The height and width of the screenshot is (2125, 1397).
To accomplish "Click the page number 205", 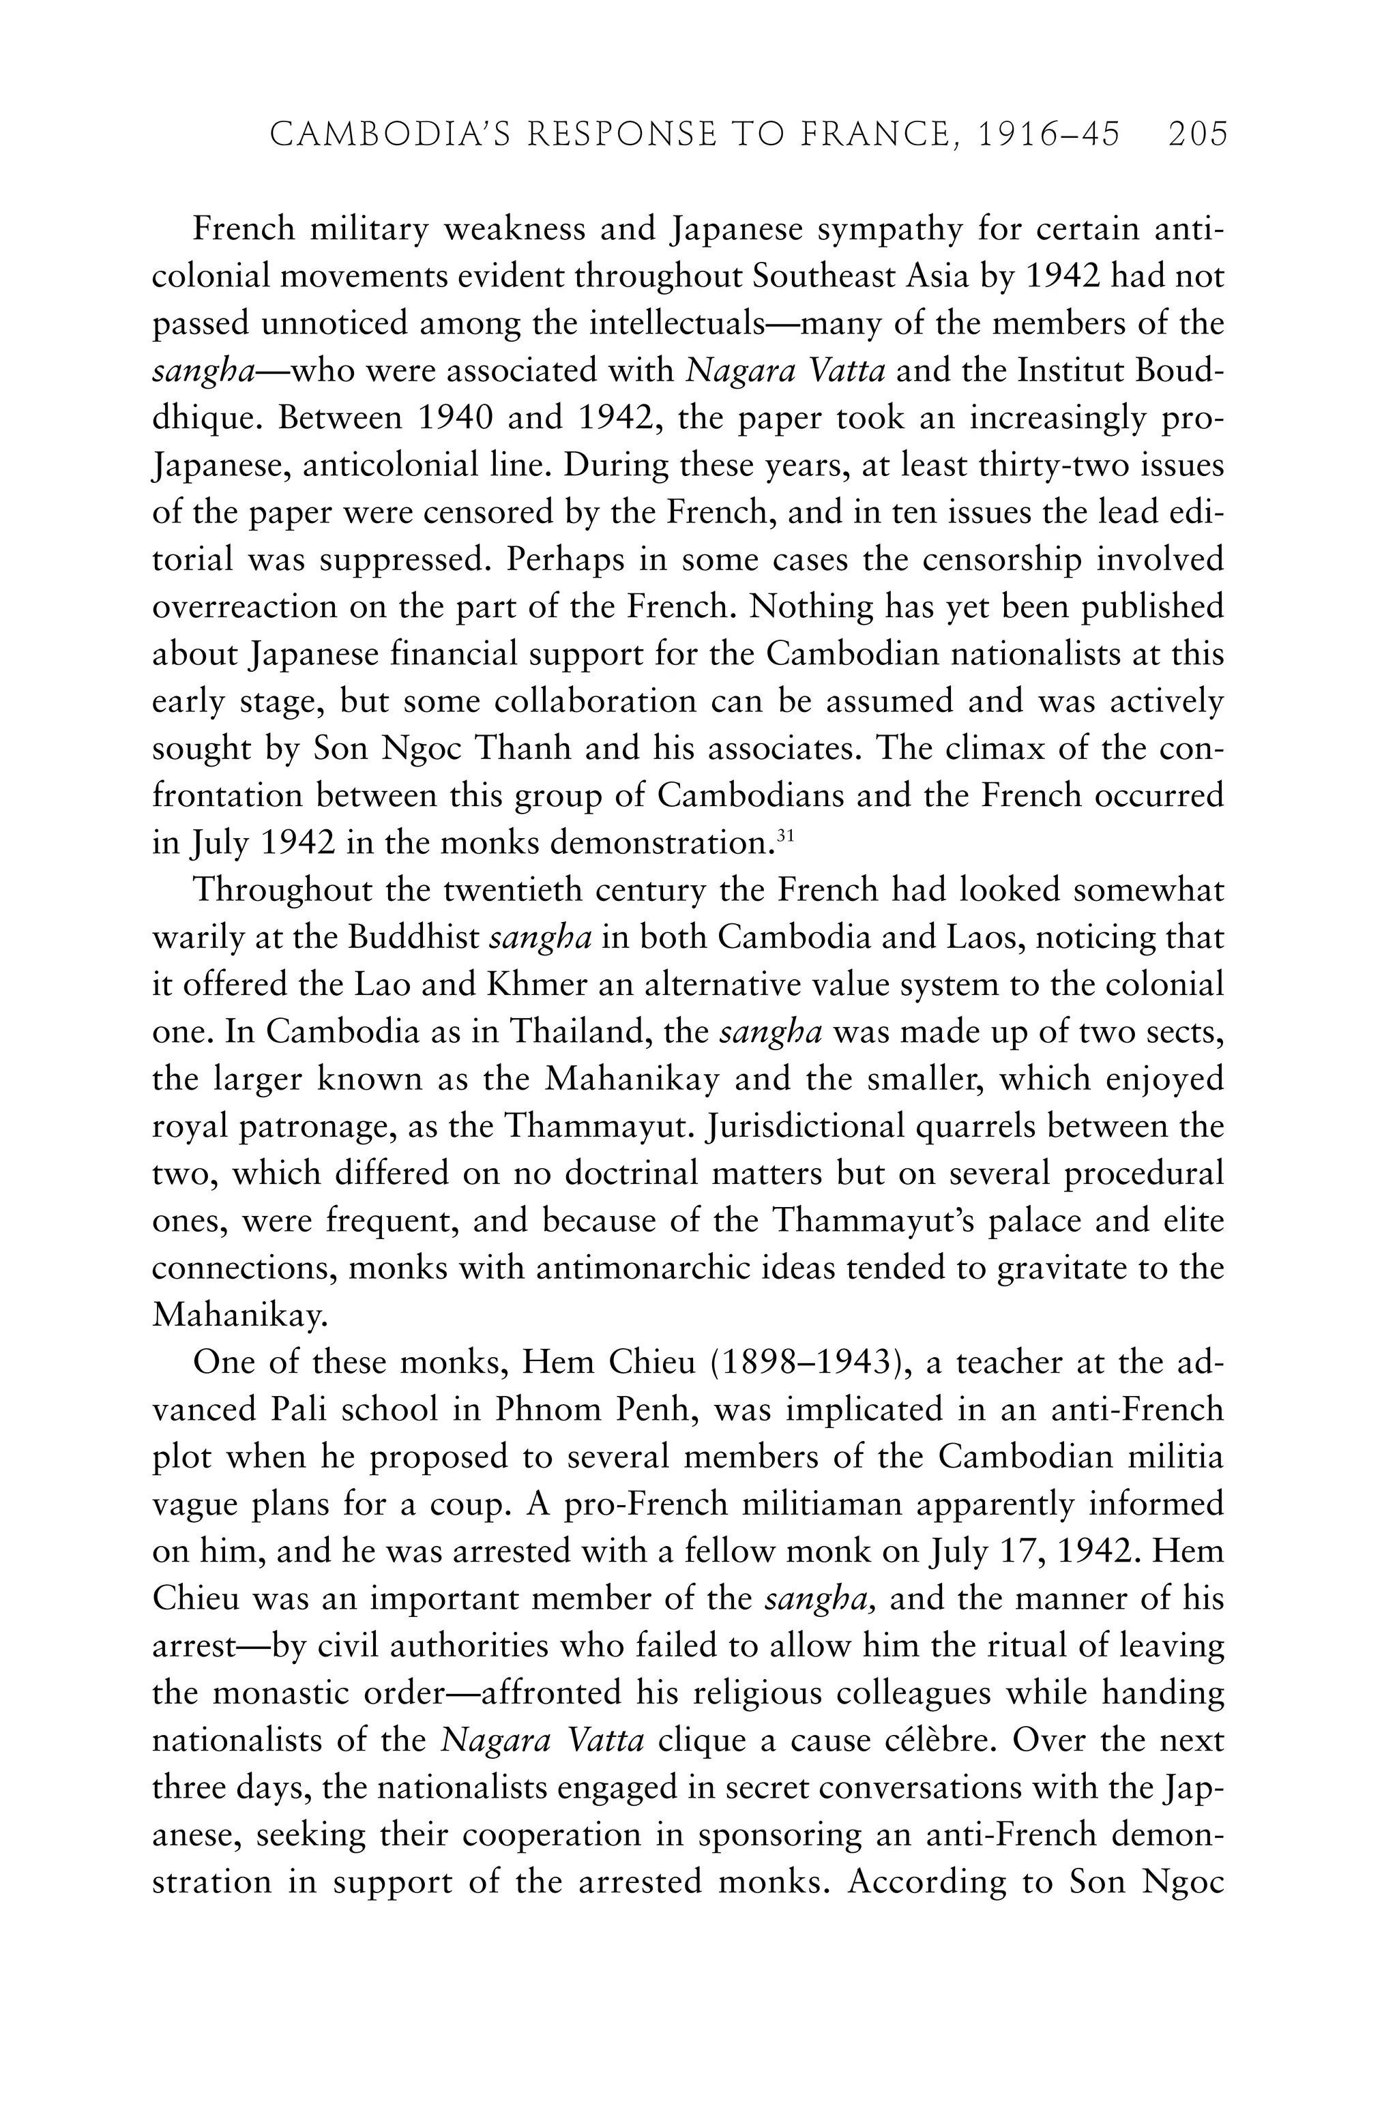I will [1198, 135].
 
